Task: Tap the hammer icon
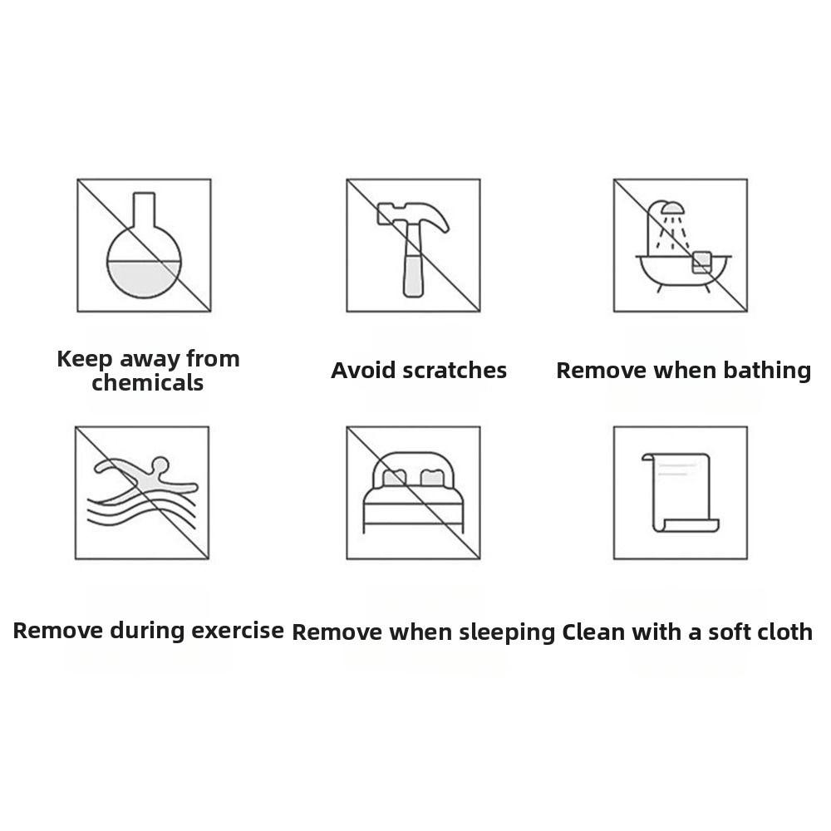coord(413,249)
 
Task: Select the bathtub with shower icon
coord(683,247)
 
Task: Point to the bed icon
coord(413,492)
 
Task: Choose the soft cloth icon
coord(681,492)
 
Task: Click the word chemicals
coord(147,382)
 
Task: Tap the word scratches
coord(455,371)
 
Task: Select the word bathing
coord(767,371)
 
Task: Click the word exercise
coord(238,631)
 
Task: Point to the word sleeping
coord(507,632)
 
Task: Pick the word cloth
coord(780,632)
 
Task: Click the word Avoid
coord(364,371)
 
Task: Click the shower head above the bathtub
coord(672,209)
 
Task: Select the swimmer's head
coord(160,465)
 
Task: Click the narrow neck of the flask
coord(144,210)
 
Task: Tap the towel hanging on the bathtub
coord(701,263)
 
